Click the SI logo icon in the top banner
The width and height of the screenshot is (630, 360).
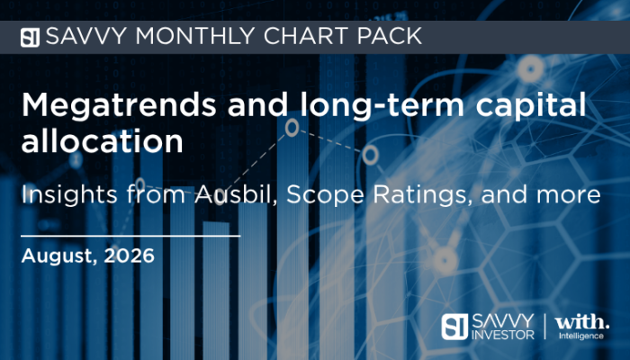tap(30, 38)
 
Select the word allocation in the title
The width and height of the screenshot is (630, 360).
tap(102, 140)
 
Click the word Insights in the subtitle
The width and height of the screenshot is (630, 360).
tap(69, 194)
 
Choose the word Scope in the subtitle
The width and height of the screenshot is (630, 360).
tap(325, 195)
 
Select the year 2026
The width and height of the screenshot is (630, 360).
tap(129, 256)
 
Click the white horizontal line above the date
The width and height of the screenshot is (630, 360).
tap(130, 236)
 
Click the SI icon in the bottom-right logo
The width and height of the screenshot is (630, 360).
tap(454, 327)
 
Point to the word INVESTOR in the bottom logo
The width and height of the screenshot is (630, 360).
tap(502, 335)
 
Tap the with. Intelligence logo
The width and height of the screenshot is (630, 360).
tap(581, 327)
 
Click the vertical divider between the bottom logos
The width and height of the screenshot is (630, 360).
tap(544, 326)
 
